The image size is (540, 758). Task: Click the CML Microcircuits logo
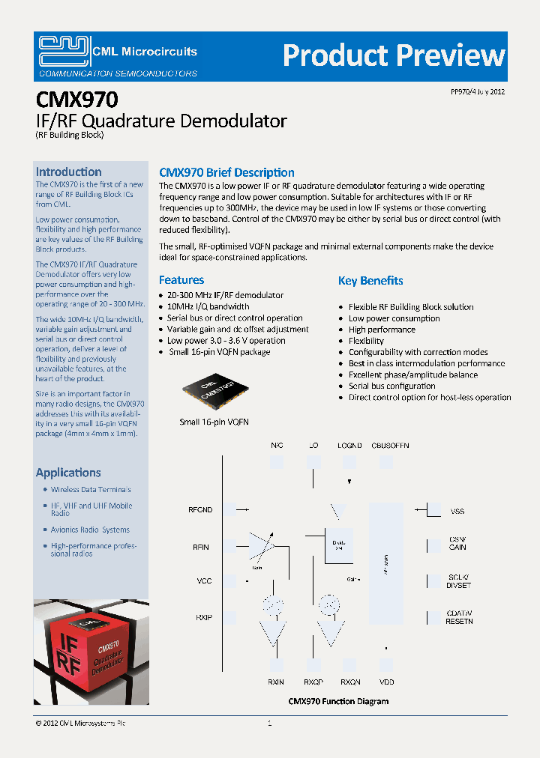pos(118,56)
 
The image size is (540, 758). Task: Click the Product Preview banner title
pos(394,56)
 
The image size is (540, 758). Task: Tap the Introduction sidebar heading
pos(68,172)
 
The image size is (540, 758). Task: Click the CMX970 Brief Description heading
pos(226,173)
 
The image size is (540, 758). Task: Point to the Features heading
pos(181,280)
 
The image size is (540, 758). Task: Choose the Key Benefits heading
pos(370,281)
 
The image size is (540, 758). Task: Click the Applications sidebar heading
pos(68,473)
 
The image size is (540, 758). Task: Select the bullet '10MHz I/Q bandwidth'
pos(208,306)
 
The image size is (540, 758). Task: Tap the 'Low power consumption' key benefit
pos(394,318)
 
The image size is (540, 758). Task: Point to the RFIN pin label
pos(200,548)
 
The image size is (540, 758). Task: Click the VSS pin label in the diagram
pos(457,511)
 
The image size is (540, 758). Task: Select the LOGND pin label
pos(349,446)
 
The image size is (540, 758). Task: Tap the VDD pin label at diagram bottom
pos(386,682)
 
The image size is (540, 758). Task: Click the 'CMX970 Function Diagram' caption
pos(339,702)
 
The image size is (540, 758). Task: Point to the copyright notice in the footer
pos(80,724)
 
